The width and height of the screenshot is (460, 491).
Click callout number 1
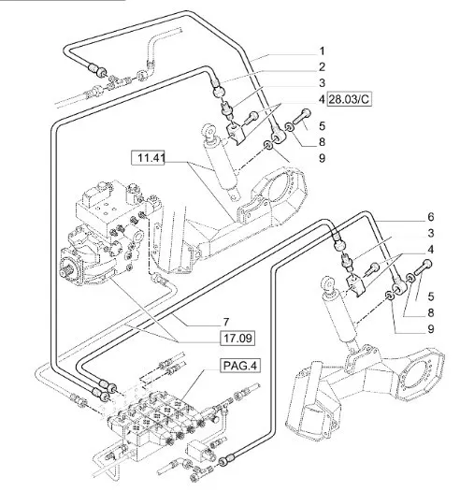coord(322,51)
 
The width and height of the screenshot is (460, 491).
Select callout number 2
coord(322,66)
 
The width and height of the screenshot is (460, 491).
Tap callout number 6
coord(431,217)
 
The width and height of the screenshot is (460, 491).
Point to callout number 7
coord(226,322)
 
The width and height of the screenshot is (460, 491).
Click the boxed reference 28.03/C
coord(350,99)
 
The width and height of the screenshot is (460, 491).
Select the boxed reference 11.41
coord(148,158)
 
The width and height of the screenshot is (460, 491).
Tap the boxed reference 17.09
coord(237,339)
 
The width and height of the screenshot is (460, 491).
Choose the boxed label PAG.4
coord(240,366)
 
